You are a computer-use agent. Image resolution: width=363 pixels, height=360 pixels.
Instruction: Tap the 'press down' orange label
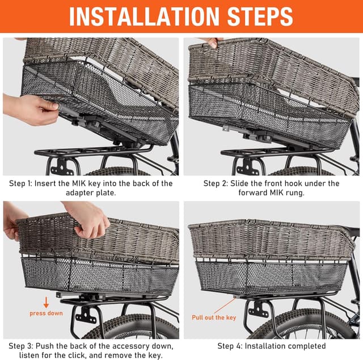(47, 313)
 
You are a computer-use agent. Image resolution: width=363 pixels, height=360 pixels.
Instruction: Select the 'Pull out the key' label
(213, 317)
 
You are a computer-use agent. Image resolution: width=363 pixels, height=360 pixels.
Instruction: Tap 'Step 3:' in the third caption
(22, 346)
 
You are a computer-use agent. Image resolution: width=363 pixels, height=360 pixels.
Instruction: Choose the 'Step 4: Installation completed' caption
(271, 346)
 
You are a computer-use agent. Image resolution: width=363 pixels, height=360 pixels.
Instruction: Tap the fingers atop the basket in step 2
(212, 41)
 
